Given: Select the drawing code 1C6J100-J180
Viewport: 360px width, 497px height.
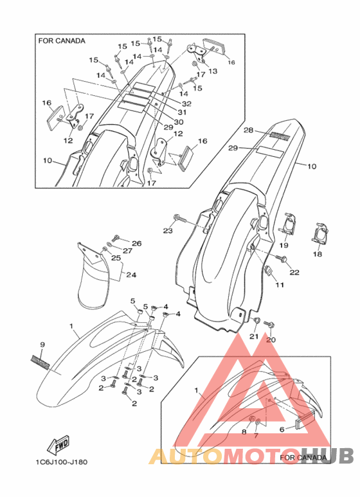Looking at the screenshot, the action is [x=62, y=462].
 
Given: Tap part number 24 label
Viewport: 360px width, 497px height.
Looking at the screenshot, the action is [x=131, y=275].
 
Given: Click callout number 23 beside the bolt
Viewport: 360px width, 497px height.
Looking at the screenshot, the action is [x=168, y=231].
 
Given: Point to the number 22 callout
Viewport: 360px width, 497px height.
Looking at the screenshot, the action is [x=294, y=272].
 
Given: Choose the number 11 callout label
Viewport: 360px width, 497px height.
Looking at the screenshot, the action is [x=280, y=285].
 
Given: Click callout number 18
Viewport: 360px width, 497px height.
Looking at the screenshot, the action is [x=317, y=254].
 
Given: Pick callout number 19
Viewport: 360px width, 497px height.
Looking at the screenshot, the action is [x=283, y=245].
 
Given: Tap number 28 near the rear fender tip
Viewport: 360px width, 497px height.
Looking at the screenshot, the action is [x=248, y=130].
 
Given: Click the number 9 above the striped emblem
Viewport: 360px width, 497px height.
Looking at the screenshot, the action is [x=42, y=345].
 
